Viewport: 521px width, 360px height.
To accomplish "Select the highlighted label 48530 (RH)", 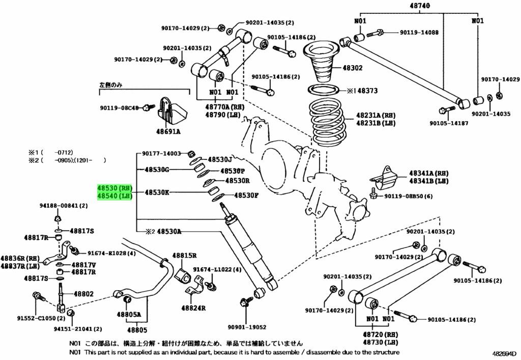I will pos(115,188).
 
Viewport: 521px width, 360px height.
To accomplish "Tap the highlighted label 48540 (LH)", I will pos(115,196).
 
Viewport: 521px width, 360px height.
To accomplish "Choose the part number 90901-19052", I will pos(247,327).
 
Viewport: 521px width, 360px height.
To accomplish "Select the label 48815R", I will pos(184,256).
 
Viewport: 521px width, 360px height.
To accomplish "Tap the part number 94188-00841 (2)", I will pos(64,206).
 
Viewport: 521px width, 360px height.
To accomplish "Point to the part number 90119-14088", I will pos(419,32).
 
